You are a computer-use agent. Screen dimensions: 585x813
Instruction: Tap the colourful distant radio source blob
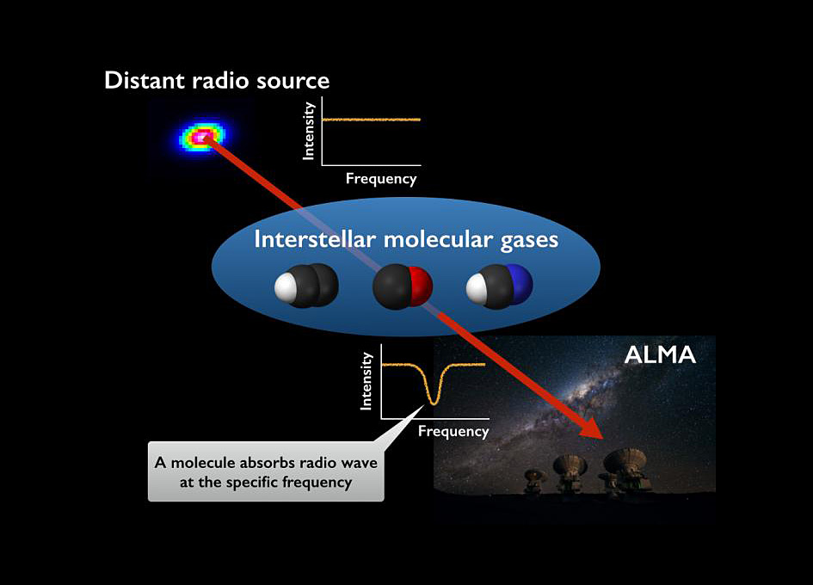[x=202, y=136]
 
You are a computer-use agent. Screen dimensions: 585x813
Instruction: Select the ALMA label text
[x=661, y=354]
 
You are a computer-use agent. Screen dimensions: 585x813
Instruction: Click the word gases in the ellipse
[x=527, y=239]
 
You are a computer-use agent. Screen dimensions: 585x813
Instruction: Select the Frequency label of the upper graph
[x=380, y=179]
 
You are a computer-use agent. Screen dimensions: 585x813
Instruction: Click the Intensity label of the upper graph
[x=309, y=131]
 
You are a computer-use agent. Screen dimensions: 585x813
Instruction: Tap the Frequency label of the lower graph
[x=453, y=432]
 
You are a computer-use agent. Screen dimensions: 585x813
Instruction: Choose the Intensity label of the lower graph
[x=367, y=380]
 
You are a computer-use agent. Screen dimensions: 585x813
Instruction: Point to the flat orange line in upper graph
[x=371, y=119]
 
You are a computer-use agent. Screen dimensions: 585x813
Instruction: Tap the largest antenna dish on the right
[x=625, y=460]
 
